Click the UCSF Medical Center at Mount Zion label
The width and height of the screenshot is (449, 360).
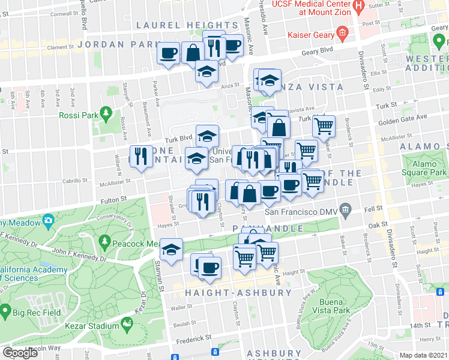click(315, 8)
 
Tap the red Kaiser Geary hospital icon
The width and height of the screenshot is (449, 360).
click(342, 32)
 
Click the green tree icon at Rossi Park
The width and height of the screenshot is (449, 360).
click(106, 113)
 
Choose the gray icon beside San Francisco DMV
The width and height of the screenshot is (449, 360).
click(345, 210)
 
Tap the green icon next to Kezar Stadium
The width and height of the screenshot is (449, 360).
click(127, 325)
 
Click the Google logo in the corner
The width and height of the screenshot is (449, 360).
click(20, 352)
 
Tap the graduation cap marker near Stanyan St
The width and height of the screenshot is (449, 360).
click(172, 249)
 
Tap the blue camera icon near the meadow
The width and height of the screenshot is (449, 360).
click(48, 222)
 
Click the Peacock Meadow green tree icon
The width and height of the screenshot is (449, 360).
click(105, 242)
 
